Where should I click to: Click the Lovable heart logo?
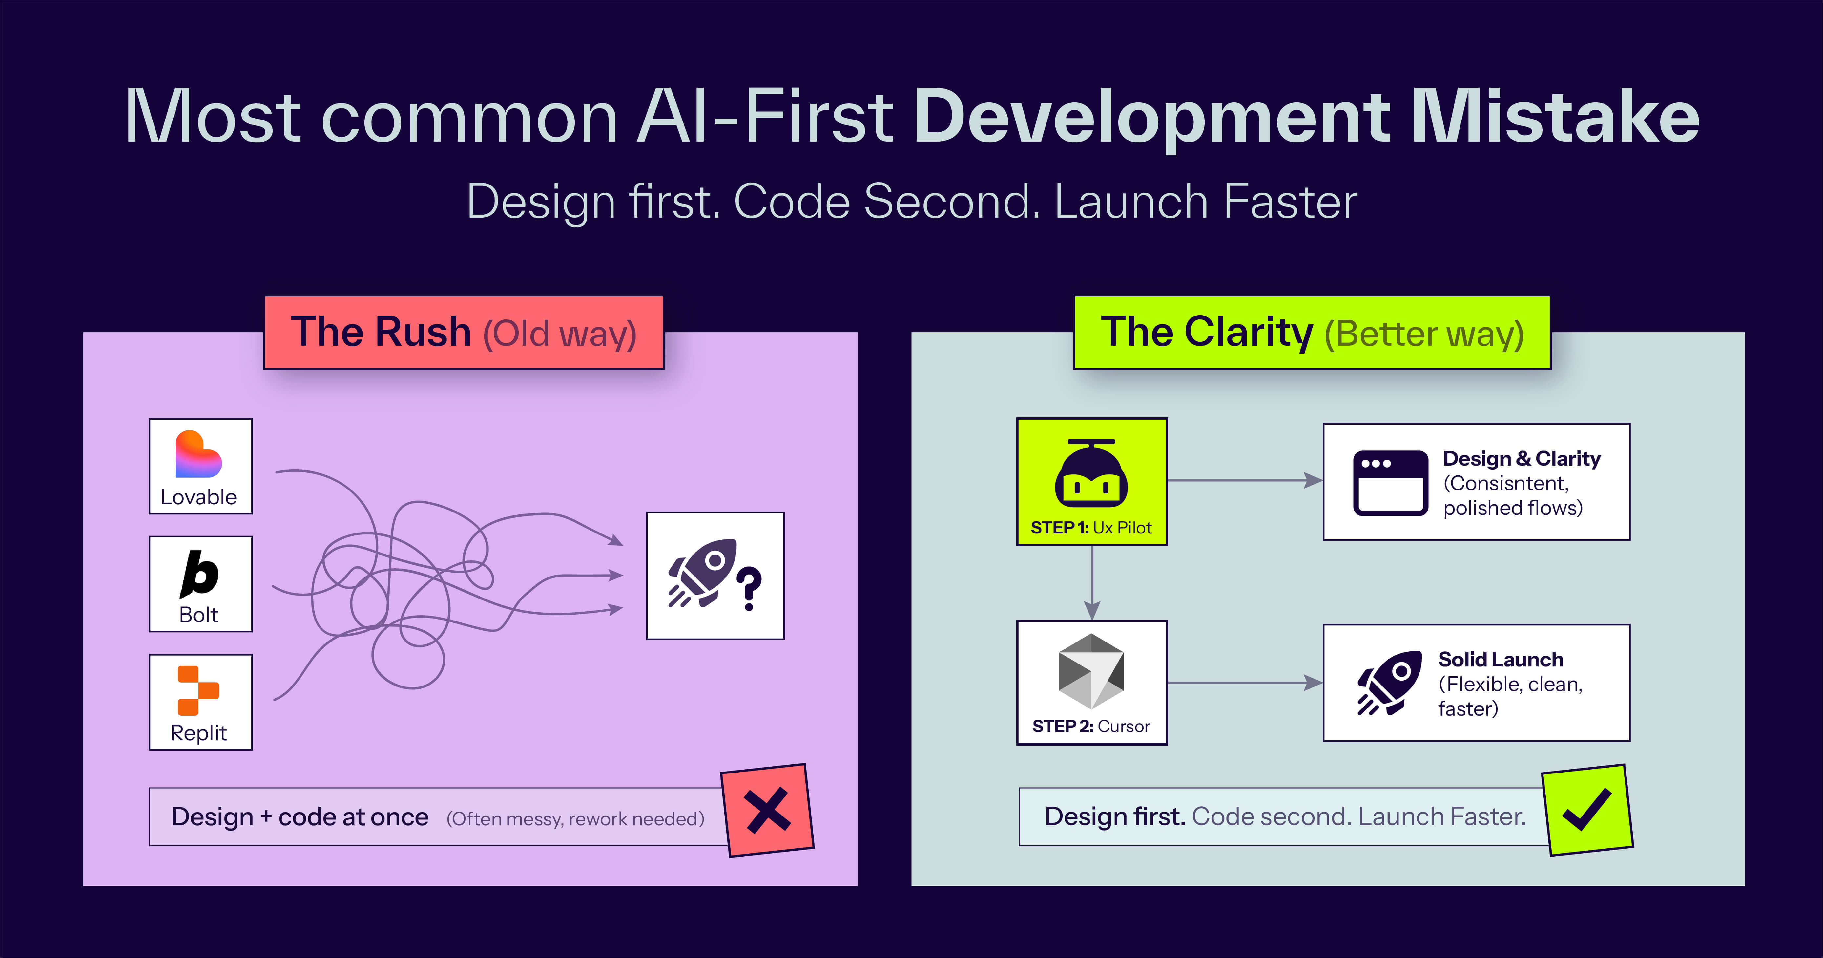198,454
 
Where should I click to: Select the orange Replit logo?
198,690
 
